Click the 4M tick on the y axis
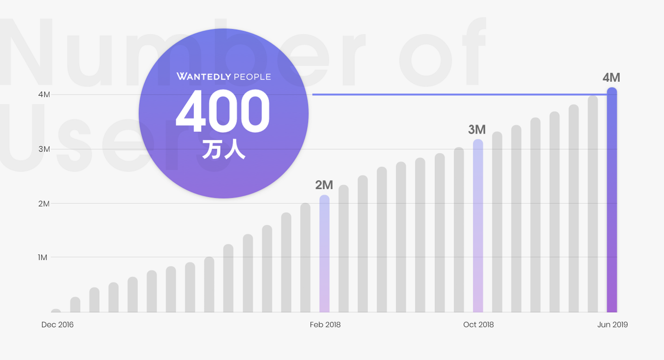pyautogui.click(x=44, y=94)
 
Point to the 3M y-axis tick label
pyautogui.click(x=44, y=149)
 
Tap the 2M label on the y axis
pyautogui.click(x=44, y=203)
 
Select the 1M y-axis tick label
pyautogui.click(x=43, y=257)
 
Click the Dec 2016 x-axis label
pyautogui.click(x=58, y=325)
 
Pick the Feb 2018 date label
pyautogui.click(x=325, y=325)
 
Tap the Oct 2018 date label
pyautogui.click(x=478, y=325)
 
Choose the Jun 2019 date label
pyautogui.click(x=612, y=325)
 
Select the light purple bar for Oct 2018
pyautogui.click(x=478, y=226)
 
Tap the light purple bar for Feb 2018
pyautogui.click(x=325, y=254)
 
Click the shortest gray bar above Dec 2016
pyautogui.click(x=56, y=311)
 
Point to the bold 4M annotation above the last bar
pyautogui.click(x=611, y=77)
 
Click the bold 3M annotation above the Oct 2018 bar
pyautogui.click(x=477, y=130)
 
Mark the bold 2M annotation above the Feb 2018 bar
pyautogui.click(x=324, y=185)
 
